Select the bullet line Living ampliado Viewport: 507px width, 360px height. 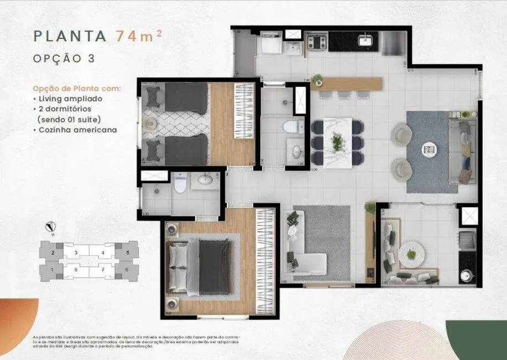(x=70, y=99)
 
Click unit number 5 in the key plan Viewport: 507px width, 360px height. (x=127, y=253)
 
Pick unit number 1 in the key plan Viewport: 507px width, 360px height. (x=53, y=270)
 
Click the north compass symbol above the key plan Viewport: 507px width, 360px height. (x=51, y=227)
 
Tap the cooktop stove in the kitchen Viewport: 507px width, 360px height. (x=317, y=42)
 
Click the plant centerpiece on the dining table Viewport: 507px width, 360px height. (x=337, y=142)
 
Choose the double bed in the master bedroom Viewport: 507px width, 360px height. (x=199, y=266)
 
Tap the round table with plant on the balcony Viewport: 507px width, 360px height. (x=411, y=254)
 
